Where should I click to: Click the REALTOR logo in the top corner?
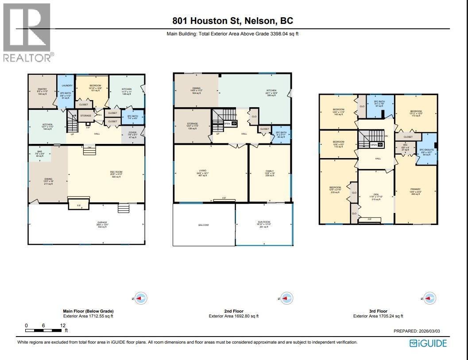point(27,33)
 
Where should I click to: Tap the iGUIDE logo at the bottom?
point(428,343)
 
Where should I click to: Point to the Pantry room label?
point(43,89)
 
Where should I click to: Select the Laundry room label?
point(67,85)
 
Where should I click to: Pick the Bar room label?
point(39,152)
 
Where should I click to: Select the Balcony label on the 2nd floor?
point(203,225)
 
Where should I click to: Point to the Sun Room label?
point(264,222)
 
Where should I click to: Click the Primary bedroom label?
point(415,189)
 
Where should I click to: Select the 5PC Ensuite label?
point(426,150)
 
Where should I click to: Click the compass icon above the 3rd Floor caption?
point(429,298)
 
